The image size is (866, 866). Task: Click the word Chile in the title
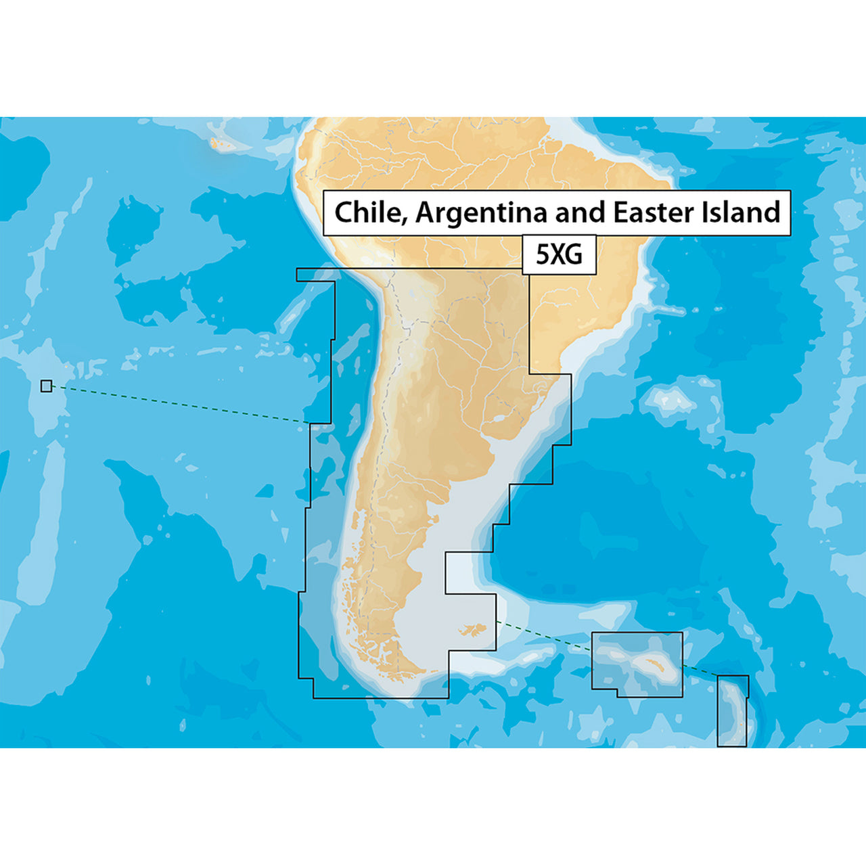click(369, 212)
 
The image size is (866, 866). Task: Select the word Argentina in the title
click(482, 212)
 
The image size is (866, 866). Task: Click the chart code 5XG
click(559, 255)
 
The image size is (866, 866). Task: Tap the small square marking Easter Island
click(46, 386)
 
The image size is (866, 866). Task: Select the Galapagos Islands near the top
click(222, 143)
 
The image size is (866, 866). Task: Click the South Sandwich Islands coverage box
click(733, 710)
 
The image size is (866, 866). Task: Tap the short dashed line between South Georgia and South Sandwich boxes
click(700, 671)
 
